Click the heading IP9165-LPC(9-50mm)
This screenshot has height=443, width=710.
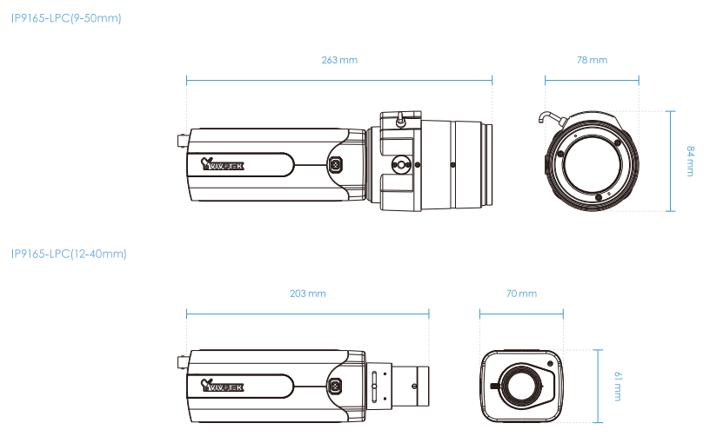(x=66, y=17)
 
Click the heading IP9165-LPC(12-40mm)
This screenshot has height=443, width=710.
(x=69, y=254)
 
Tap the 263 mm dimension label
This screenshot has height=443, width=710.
(x=339, y=60)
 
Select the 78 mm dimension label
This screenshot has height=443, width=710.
(x=592, y=60)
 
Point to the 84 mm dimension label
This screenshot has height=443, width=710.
(x=690, y=162)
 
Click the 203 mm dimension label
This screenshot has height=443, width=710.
(x=307, y=294)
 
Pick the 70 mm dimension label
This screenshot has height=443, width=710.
(x=521, y=294)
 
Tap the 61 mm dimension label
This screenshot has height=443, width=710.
(x=618, y=386)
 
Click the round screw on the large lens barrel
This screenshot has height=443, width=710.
(x=400, y=162)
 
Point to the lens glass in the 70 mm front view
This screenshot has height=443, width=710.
(x=519, y=385)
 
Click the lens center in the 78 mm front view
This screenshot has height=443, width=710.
(x=592, y=163)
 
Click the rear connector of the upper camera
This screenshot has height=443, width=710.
(x=181, y=140)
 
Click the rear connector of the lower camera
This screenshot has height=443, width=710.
(x=181, y=360)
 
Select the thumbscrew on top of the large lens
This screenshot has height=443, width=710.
(x=399, y=119)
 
